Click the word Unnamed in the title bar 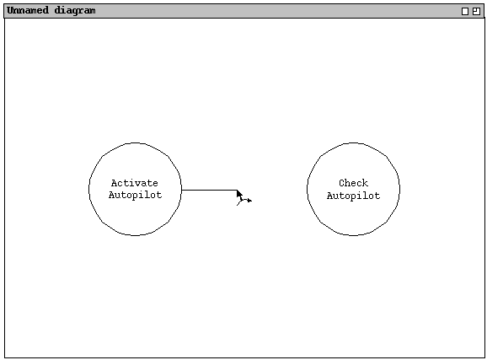coord(28,10)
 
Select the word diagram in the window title coord(75,11)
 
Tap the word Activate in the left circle coord(135,183)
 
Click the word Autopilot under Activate coord(135,195)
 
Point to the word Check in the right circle coord(353,183)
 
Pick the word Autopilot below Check coord(353,196)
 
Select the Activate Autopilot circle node coord(135,142)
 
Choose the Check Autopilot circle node coord(353,142)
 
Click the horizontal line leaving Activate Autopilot coord(210,190)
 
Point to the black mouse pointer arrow coord(239,194)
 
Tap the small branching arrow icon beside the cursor coord(244,201)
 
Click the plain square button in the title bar coord(465,12)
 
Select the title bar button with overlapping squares coord(476,12)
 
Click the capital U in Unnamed coord(10,10)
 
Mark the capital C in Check coord(341,183)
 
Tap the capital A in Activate coord(115,183)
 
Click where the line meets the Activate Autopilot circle coord(182,190)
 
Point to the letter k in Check coord(366,183)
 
